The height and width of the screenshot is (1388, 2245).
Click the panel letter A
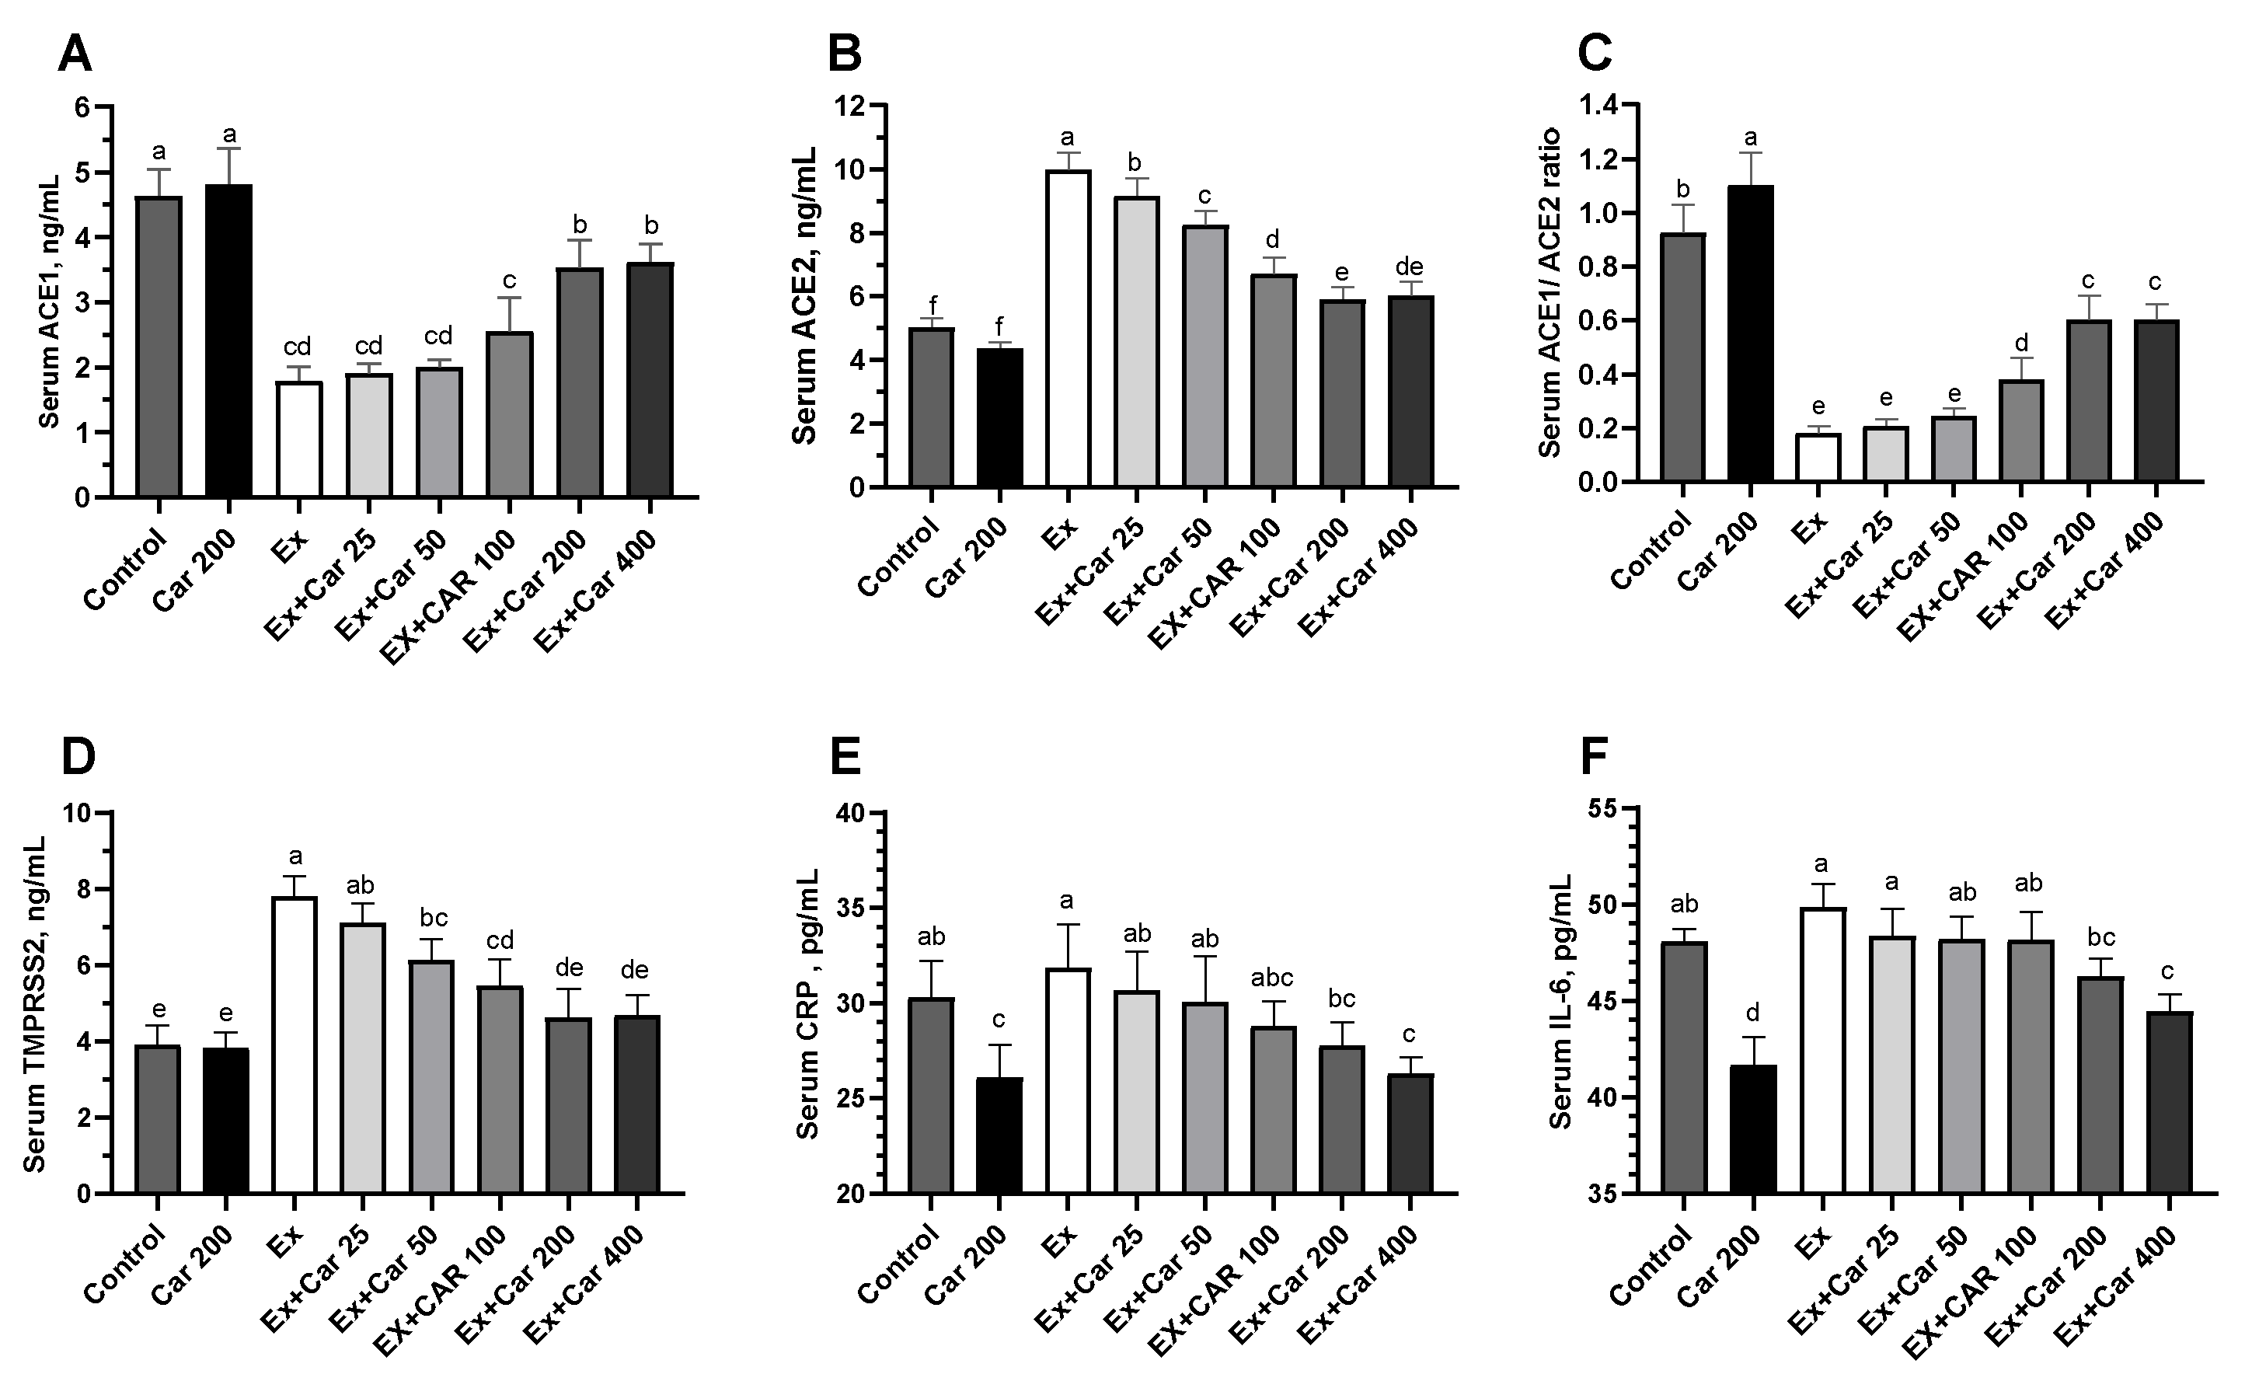point(75,55)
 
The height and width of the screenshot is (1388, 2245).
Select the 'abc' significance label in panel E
point(1272,977)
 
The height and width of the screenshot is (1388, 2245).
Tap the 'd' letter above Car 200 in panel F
point(1753,1013)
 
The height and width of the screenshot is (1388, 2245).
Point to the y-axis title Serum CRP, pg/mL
point(807,1003)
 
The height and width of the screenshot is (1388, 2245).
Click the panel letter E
point(845,759)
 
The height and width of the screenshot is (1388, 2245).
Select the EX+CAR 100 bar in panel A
point(511,415)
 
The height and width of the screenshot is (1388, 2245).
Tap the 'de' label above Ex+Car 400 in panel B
point(1409,267)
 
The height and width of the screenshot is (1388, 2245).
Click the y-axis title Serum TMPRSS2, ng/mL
point(34,1003)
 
